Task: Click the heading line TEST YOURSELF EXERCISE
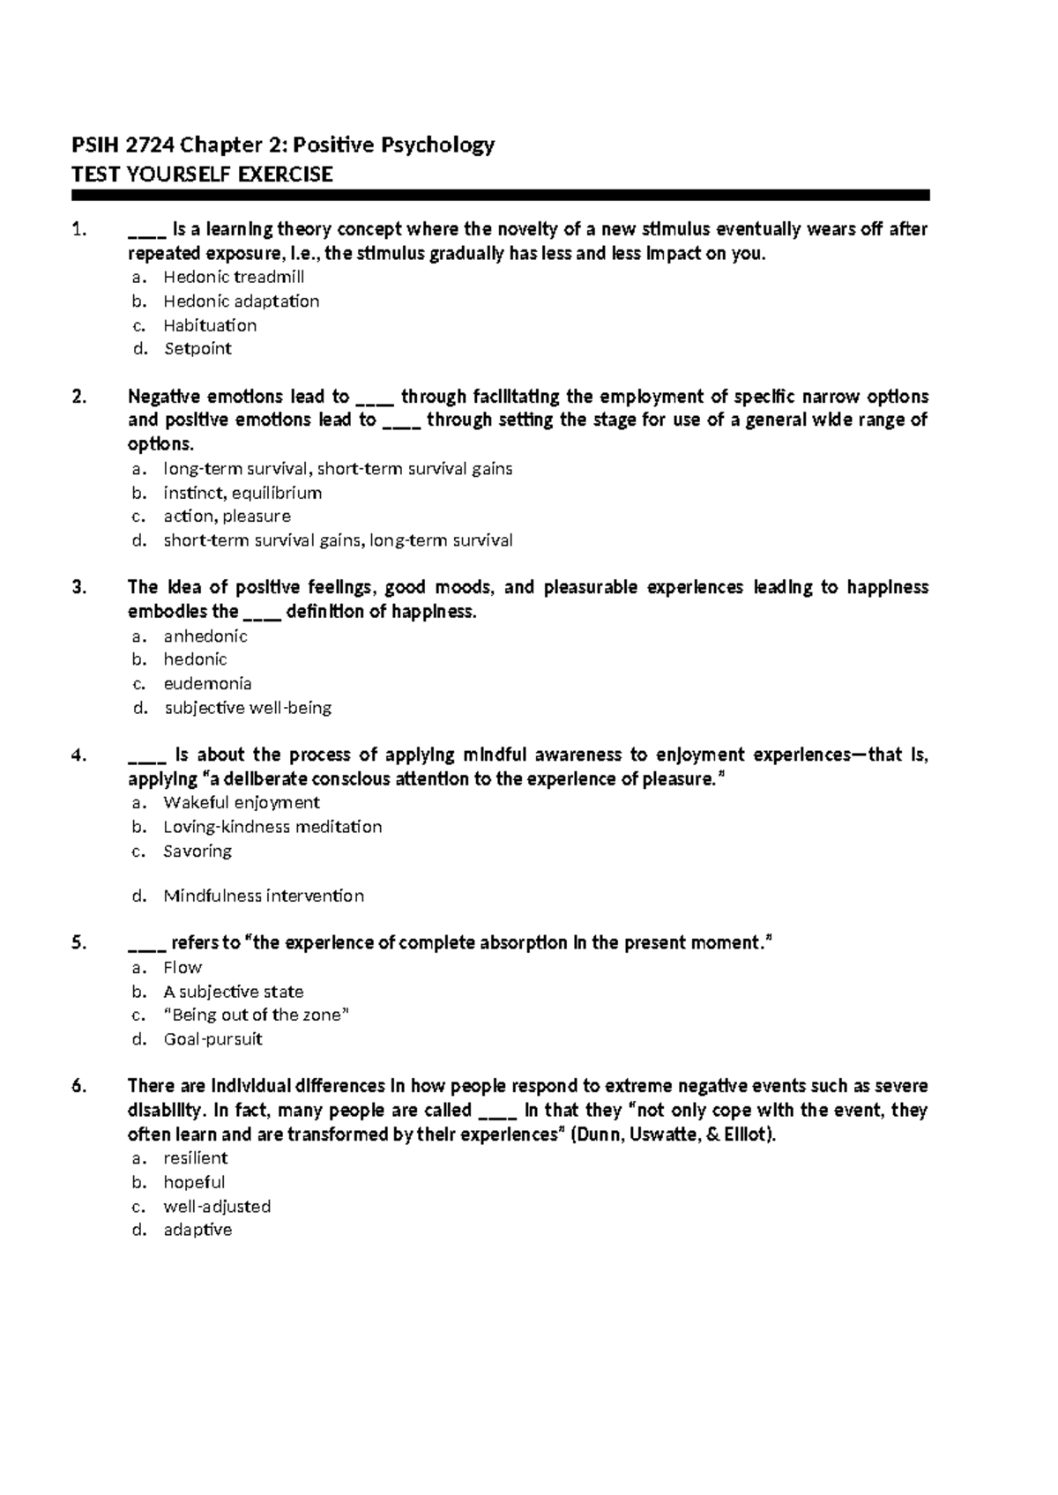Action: pyautogui.click(x=201, y=175)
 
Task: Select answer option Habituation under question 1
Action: pyautogui.click(x=210, y=325)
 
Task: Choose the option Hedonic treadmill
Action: pyautogui.click(x=234, y=277)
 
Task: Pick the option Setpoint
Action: pyautogui.click(x=197, y=349)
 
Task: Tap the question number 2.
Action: pyautogui.click(x=79, y=397)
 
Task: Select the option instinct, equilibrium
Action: pyautogui.click(x=242, y=493)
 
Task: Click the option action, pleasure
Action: pyautogui.click(x=227, y=517)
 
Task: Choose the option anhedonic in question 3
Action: pyautogui.click(x=205, y=636)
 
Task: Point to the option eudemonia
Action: pyautogui.click(x=207, y=684)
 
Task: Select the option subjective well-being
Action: pyautogui.click(x=248, y=708)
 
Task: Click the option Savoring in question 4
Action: pyautogui.click(x=197, y=852)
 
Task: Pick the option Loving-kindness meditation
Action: pyautogui.click(x=272, y=827)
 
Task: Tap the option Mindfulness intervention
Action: pyautogui.click(x=264, y=896)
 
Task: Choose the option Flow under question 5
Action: pyautogui.click(x=183, y=968)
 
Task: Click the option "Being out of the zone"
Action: pyautogui.click(x=257, y=1015)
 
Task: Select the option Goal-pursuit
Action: pyautogui.click(x=212, y=1039)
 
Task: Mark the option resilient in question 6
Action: pyautogui.click(x=196, y=1158)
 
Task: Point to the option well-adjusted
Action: pyautogui.click(x=217, y=1207)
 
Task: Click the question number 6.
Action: pyautogui.click(x=79, y=1087)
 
